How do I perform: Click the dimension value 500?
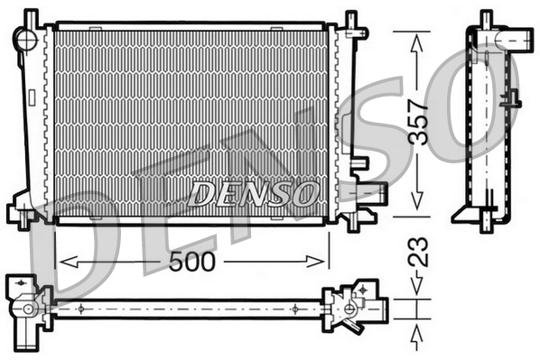pyautogui.click(x=191, y=263)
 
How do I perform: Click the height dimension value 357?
pyautogui.click(x=417, y=121)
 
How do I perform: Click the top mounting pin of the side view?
pyautogui.click(x=486, y=18)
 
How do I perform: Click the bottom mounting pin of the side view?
pyautogui.click(x=486, y=225)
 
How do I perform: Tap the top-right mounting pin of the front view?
pyautogui.click(x=351, y=20)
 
